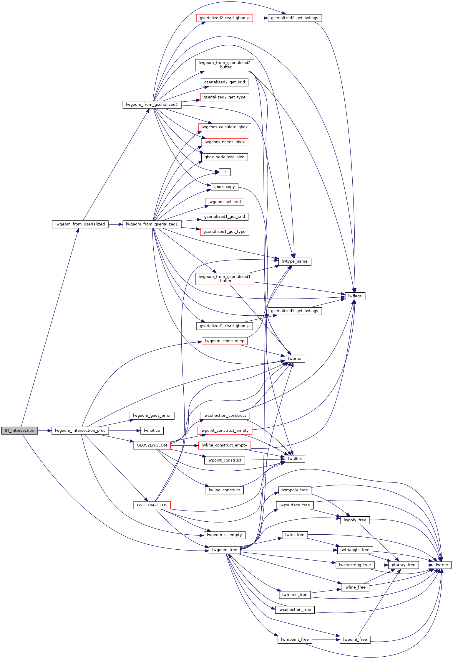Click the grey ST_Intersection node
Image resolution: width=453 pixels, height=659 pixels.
click(x=19, y=431)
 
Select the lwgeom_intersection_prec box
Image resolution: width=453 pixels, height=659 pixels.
click(x=80, y=431)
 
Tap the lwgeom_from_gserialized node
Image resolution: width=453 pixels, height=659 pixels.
click(x=80, y=224)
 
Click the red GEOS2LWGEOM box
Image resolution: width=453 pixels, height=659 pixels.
click(x=152, y=445)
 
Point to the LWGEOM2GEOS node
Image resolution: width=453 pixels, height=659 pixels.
click(x=152, y=505)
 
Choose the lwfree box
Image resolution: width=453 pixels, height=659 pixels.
click(x=442, y=565)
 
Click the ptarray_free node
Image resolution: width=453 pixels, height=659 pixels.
click(x=404, y=565)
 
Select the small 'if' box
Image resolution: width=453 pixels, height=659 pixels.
click(x=225, y=172)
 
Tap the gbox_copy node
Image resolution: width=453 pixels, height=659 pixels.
click(x=225, y=187)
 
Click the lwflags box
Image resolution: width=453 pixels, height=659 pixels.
click(x=355, y=296)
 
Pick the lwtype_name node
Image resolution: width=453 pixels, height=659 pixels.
click(x=295, y=261)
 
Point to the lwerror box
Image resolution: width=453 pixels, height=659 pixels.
click(x=295, y=359)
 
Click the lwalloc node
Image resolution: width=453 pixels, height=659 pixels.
click(x=295, y=459)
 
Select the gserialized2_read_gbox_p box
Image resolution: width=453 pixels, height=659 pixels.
click(x=225, y=18)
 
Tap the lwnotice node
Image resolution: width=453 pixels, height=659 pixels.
click(x=152, y=431)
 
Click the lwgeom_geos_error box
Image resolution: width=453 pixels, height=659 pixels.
click(x=152, y=416)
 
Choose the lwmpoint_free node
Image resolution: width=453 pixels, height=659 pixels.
click(x=295, y=640)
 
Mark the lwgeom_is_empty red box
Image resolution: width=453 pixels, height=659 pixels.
click(x=224, y=535)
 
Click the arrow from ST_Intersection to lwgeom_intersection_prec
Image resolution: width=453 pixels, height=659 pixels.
click(x=45, y=431)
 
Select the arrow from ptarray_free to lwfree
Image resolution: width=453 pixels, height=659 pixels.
click(x=426, y=565)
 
